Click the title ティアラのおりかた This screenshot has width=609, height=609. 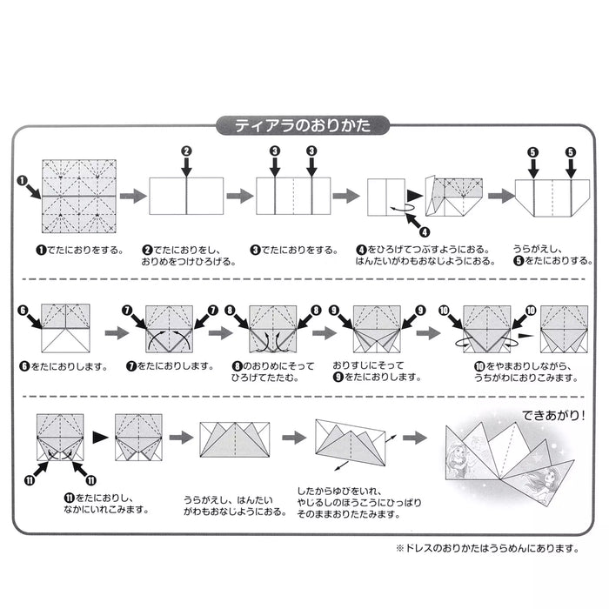[304, 125]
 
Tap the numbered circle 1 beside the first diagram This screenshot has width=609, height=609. [21, 181]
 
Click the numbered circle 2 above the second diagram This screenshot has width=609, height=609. [186, 151]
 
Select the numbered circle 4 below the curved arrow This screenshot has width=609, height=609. [425, 231]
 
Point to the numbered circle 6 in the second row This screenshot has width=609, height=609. [23, 309]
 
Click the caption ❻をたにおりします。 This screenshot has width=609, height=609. [62, 366]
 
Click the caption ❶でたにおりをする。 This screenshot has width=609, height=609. [78, 251]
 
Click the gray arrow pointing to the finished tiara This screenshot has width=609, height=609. [416, 438]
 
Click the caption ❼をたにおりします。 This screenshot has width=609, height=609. [170, 366]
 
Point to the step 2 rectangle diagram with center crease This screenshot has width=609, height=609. [187, 195]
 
